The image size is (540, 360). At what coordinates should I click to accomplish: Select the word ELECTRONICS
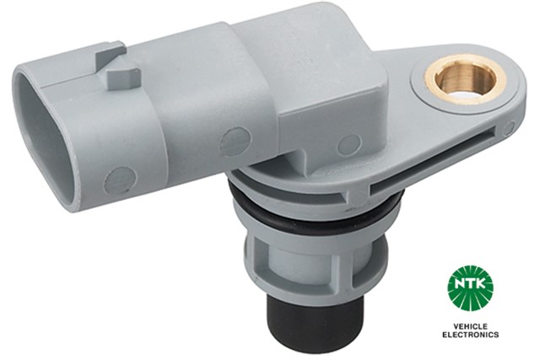(x=469, y=336)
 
